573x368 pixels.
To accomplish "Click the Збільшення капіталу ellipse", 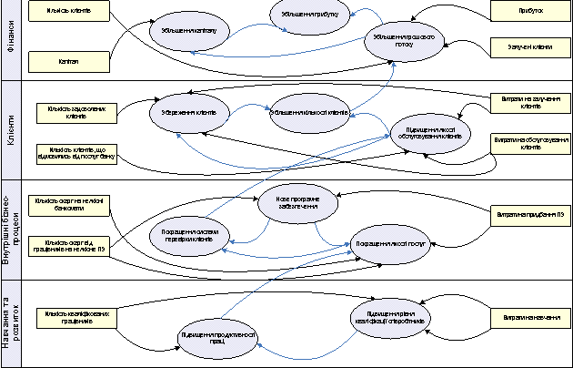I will coord(188,30).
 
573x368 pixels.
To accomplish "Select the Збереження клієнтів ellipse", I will coord(188,113).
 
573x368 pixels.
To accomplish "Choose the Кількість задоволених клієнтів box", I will coord(70,114).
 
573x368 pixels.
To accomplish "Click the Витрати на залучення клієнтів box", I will coord(530,102).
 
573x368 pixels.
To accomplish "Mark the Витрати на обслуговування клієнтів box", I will coord(530,144).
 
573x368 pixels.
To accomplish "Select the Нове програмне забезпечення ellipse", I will coord(298,203).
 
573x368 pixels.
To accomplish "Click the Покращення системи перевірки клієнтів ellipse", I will coord(188,235).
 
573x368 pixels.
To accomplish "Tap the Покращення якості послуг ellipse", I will coord(391,244).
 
